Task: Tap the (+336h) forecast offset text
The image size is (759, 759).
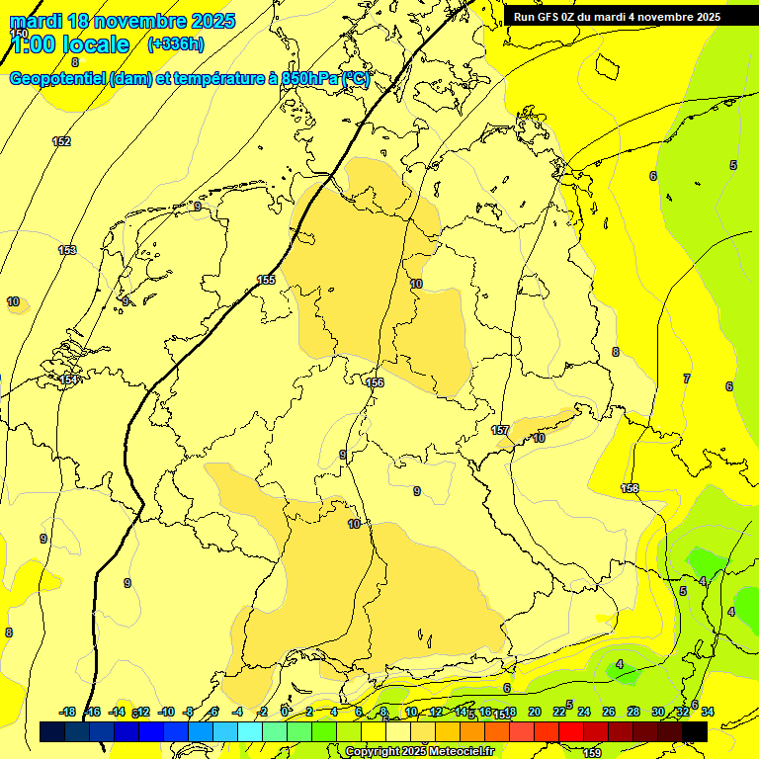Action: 175,44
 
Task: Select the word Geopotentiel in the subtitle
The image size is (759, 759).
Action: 58,79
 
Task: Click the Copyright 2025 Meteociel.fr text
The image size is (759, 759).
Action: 419,752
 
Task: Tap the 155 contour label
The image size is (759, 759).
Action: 266,280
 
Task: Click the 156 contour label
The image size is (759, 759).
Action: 375,382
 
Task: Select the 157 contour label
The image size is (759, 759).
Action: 500,430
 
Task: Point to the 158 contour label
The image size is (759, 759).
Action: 630,488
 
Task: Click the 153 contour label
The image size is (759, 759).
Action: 67,250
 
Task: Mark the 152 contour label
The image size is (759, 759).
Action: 61,141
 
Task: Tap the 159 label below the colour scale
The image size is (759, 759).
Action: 592,753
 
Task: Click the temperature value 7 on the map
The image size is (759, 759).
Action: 686,379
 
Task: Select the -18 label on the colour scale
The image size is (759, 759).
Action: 67,712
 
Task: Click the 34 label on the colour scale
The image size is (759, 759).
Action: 708,712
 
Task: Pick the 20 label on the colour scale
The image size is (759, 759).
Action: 535,712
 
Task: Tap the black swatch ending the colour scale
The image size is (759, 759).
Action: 695,731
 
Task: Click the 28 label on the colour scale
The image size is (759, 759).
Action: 633,712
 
